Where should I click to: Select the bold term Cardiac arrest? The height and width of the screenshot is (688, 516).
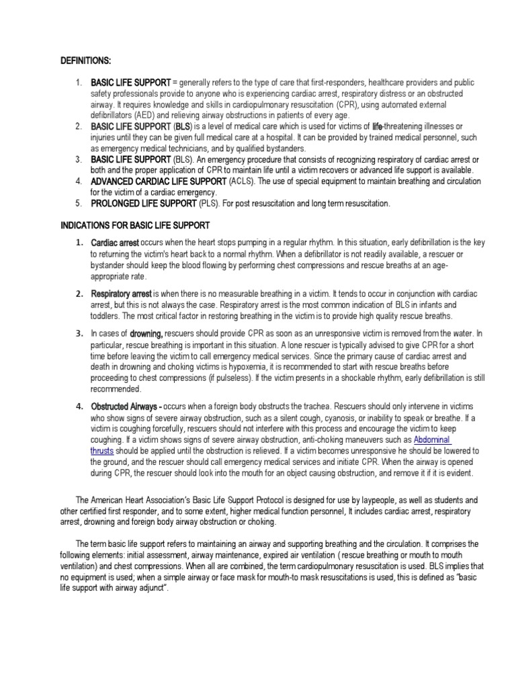[x=115, y=242]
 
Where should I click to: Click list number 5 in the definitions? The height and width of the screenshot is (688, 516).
[x=79, y=203]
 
